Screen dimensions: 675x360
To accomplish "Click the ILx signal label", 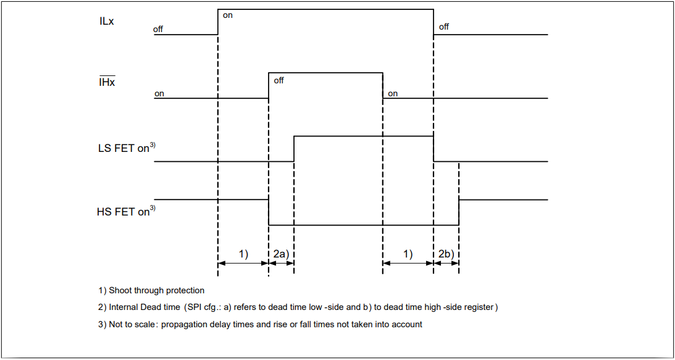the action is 106,21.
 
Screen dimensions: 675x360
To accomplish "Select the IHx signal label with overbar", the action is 107,82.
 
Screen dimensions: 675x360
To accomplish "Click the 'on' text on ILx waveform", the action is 228,15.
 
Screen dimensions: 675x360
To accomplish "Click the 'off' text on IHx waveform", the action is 279,80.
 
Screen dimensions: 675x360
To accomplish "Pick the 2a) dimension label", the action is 281,254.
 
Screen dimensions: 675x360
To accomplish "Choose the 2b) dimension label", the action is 446,254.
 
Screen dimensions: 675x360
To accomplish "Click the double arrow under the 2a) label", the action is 281,263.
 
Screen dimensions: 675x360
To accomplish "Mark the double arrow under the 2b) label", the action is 446,263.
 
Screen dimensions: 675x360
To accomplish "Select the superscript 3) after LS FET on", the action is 153,145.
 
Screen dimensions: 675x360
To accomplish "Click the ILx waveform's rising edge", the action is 218,22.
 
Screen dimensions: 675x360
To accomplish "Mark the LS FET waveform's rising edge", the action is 294,148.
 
